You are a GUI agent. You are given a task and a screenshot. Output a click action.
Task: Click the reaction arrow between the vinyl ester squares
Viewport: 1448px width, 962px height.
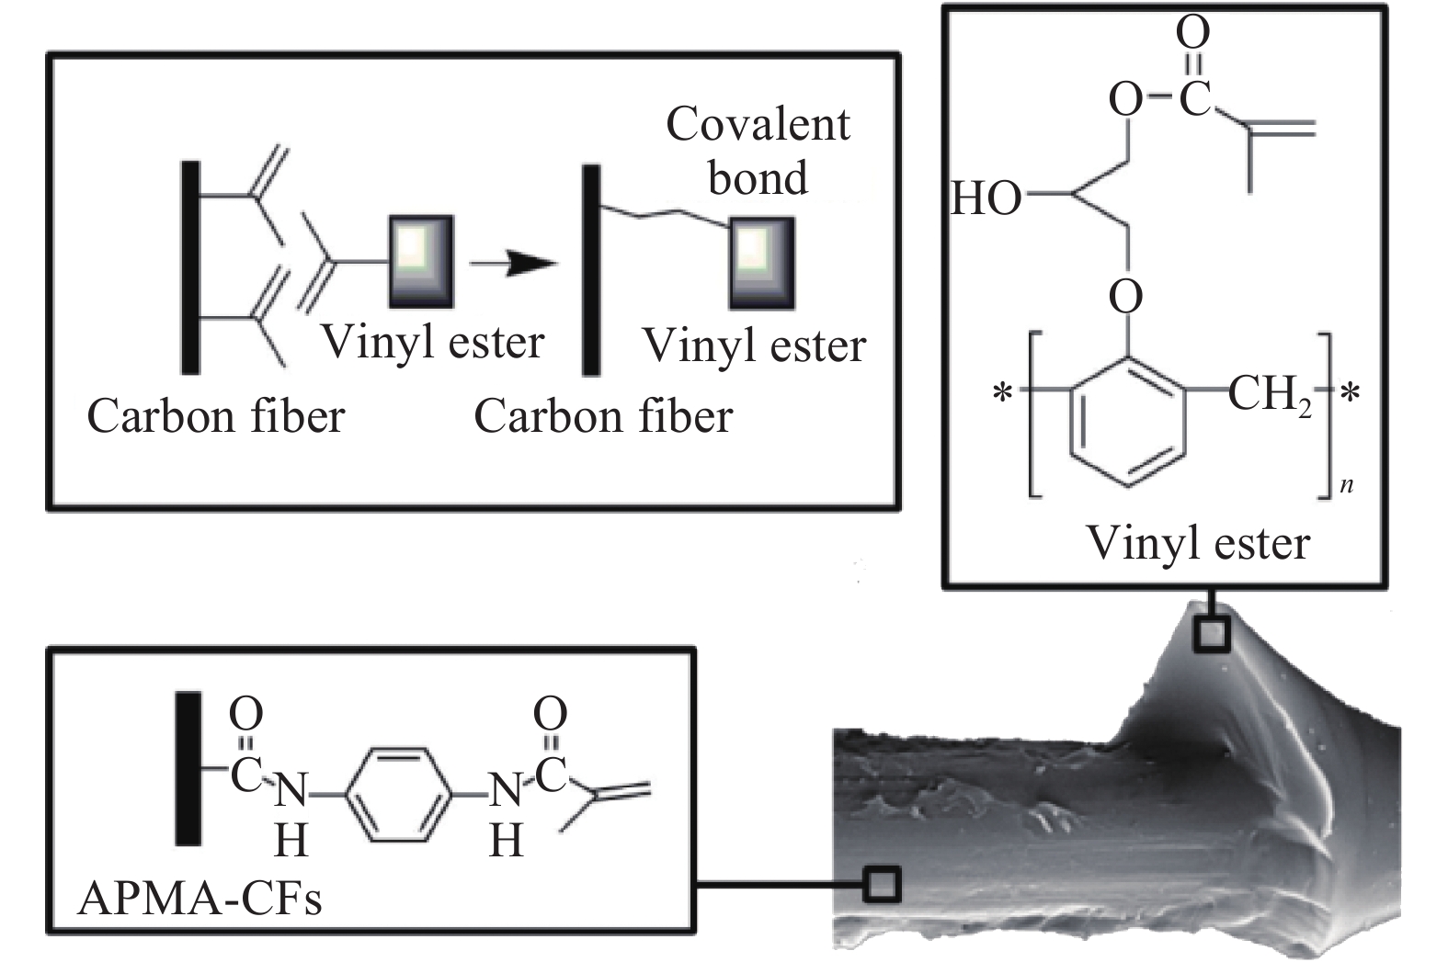[513, 263]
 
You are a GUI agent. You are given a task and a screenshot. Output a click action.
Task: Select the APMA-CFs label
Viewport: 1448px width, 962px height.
[200, 898]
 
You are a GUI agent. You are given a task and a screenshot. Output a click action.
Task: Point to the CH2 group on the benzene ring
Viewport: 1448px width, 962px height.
[1270, 395]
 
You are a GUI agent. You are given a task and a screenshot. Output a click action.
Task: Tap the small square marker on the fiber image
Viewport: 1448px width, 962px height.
[882, 885]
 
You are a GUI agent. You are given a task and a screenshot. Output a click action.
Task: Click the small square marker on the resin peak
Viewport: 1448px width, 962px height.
[1212, 634]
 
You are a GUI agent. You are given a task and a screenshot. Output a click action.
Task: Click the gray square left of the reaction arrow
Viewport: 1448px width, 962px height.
[421, 262]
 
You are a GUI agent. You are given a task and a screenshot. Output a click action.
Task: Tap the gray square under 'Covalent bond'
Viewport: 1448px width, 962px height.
[762, 263]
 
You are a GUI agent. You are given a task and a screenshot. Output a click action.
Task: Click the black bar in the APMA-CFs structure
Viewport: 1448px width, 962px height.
[188, 768]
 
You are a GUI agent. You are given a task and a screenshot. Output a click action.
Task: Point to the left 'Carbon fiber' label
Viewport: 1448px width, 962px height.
[216, 417]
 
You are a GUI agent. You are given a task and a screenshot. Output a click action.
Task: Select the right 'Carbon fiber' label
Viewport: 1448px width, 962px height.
[603, 417]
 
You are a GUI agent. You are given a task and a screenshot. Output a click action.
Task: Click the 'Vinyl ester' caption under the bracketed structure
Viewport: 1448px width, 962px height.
[1198, 544]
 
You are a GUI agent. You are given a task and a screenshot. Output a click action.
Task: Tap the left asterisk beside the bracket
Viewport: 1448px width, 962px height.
[1003, 392]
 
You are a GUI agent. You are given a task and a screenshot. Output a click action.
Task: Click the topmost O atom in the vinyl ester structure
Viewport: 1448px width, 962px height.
[1192, 31]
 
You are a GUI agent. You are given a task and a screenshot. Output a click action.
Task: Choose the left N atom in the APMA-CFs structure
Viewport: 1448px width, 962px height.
[291, 790]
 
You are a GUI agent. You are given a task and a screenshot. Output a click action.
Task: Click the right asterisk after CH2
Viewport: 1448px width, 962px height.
[1351, 392]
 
